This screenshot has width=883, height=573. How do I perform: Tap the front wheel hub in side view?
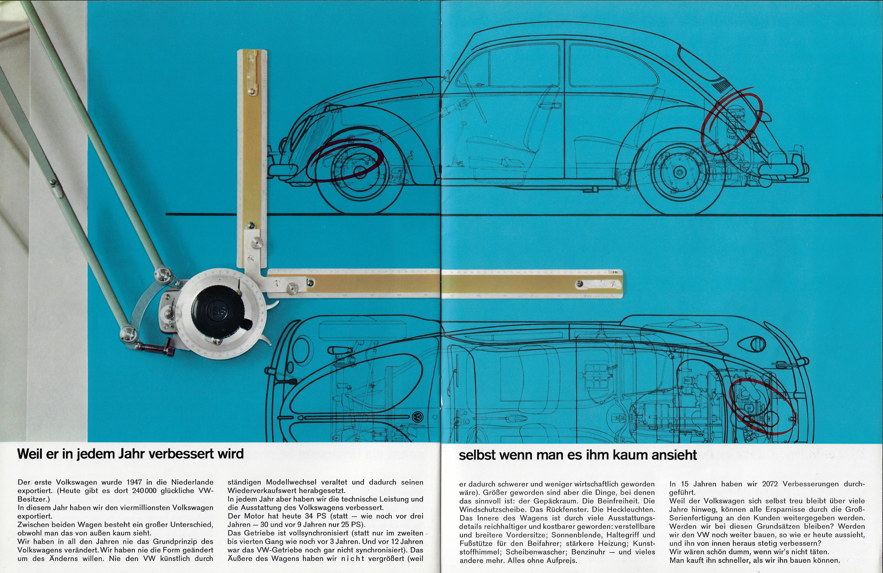pyautogui.click(x=359, y=172)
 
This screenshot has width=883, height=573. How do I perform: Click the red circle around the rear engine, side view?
pyautogui.click(x=732, y=121)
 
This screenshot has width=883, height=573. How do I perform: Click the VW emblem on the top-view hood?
pyautogui.click(x=417, y=417)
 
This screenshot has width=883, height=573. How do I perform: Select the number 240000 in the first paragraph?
pyautogui.click(x=144, y=491)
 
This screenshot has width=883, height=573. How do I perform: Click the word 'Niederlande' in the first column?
pyautogui.click(x=192, y=482)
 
